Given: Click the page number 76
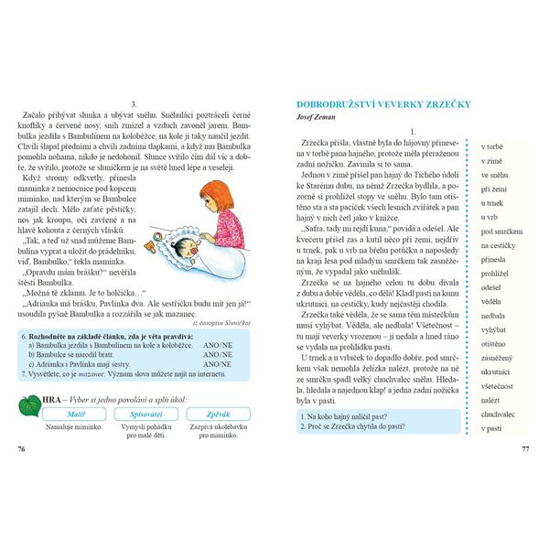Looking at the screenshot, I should click(22, 449).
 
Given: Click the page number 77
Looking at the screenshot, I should click(525, 449).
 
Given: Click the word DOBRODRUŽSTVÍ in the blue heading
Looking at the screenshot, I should click(337, 104).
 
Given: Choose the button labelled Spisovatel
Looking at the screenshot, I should click(140, 414).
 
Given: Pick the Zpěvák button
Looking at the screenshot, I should click(213, 414).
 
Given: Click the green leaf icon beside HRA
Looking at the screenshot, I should click(28, 403).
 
